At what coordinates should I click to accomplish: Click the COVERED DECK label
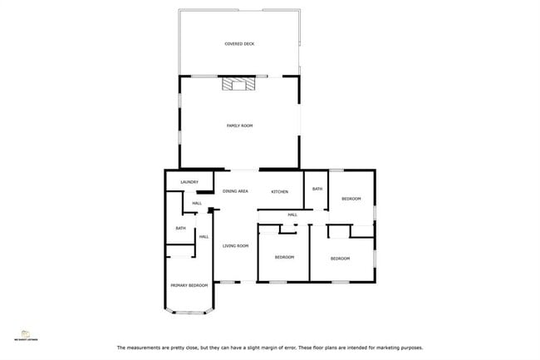(239, 43)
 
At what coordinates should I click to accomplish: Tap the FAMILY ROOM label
(239, 126)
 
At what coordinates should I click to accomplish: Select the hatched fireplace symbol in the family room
(238, 82)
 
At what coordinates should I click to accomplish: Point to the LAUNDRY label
(189, 181)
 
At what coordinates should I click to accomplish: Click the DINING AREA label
(235, 192)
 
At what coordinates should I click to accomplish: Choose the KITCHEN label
(280, 192)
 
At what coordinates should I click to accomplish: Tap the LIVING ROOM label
(236, 246)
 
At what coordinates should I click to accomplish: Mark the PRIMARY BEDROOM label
(189, 285)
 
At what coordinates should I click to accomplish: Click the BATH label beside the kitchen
(317, 190)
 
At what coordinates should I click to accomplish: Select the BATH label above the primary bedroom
(180, 229)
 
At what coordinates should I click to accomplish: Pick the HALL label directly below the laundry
(197, 204)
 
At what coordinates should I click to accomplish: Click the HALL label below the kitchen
(292, 215)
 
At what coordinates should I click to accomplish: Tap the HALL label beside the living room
(204, 237)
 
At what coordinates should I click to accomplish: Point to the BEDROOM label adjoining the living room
(285, 257)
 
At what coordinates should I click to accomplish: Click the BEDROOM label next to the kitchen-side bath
(351, 199)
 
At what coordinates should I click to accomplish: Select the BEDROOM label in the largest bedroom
(341, 259)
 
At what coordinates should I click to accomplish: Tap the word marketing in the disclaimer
(387, 348)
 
